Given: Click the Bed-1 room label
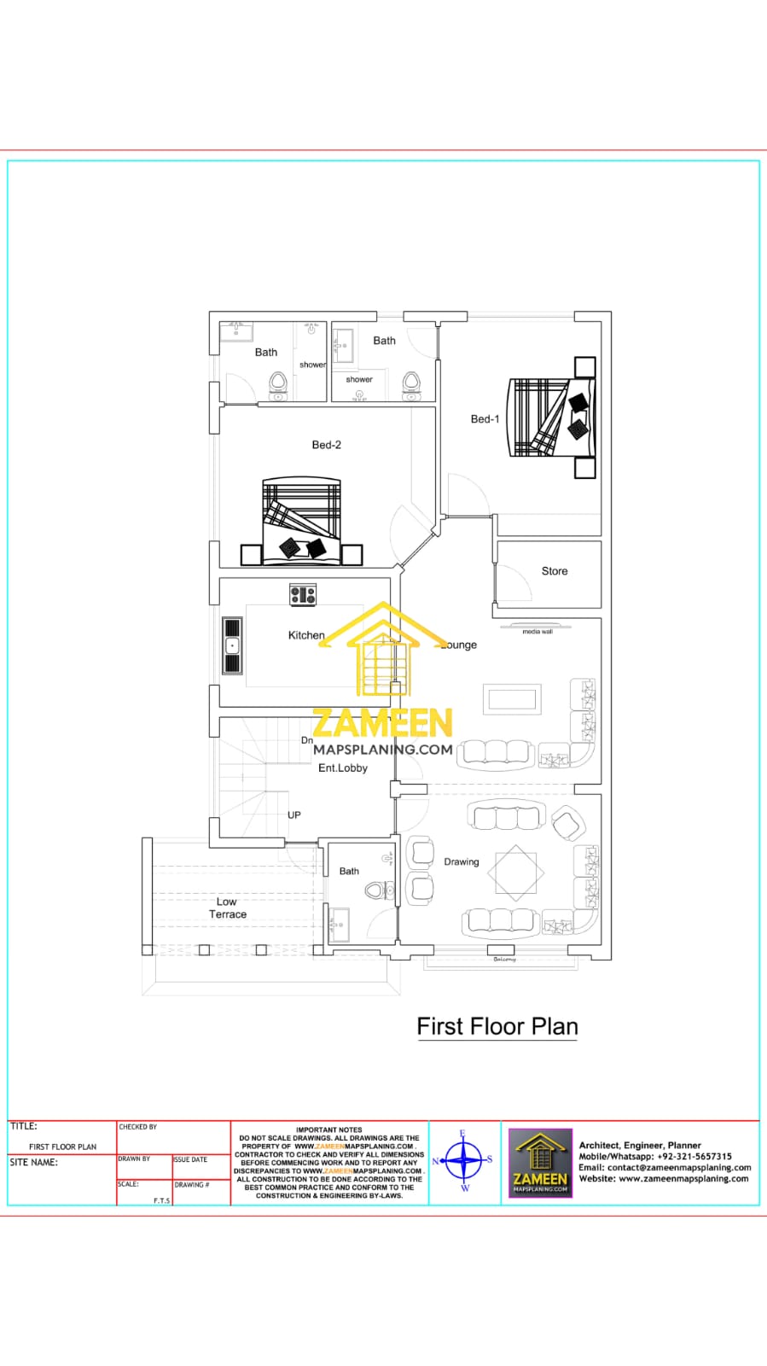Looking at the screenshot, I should click(485, 419).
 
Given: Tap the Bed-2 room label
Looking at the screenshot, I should click(326, 445).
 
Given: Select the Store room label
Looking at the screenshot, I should click(554, 571).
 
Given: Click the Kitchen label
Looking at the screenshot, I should click(305, 635).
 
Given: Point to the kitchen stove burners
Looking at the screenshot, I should click(303, 595).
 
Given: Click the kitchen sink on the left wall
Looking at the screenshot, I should click(232, 646).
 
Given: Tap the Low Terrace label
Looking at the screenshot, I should click(227, 908).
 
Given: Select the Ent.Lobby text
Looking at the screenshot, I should click(342, 768).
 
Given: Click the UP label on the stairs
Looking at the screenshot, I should click(293, 814).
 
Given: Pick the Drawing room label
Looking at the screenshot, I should click(461, 861).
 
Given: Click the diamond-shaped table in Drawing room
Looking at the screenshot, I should click(516, 873).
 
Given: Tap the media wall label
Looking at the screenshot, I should click(537, 632).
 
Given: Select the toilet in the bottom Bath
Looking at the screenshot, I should click(376, 890).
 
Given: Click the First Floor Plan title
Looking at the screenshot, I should click(497, 1026).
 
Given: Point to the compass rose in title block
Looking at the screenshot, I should click(464, 1161).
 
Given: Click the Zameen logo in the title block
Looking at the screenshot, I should click(540, 1162).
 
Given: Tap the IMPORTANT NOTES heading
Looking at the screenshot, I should click(328, 1130).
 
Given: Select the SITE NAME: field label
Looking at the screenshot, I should click(33, 1162).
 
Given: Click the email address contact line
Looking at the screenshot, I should click(665, 1167).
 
